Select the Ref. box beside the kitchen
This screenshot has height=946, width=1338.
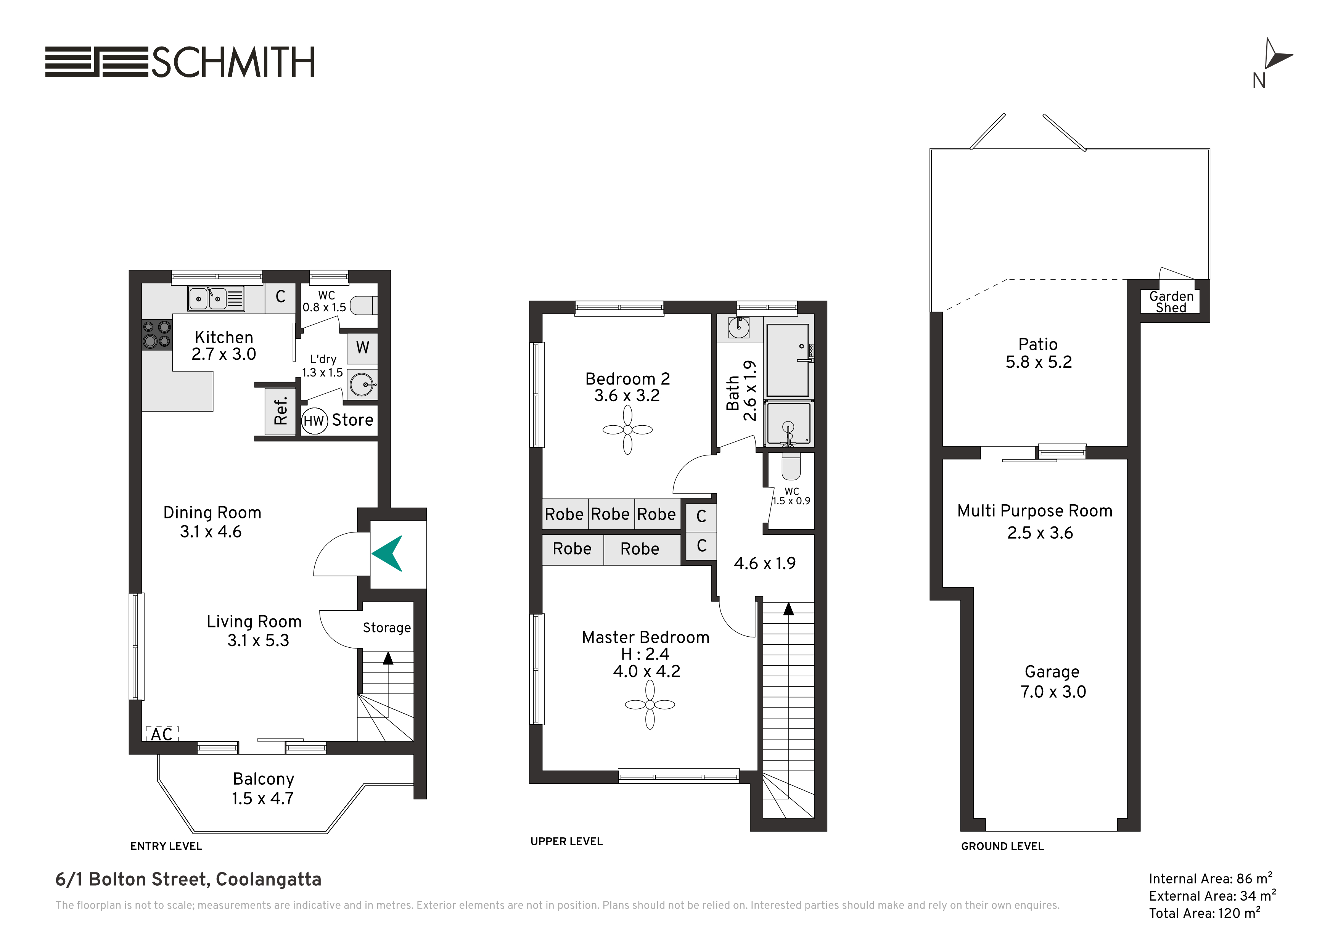tap(280, 411)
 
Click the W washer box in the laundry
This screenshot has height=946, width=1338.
tap(362, 348)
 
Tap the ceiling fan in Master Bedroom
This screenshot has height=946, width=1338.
tap(650, 705)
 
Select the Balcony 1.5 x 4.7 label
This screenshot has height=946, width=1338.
tap(264, 788)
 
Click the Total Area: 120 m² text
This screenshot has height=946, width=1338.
tap(1204, 913)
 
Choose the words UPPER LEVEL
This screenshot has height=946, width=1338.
tap(566, 841)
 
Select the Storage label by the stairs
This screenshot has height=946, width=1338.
tap(386, 628)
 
